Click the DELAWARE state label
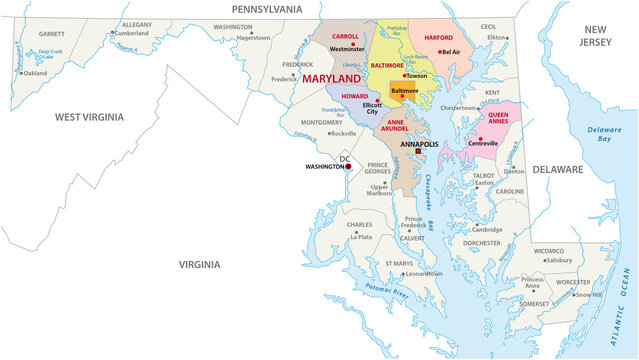click(557, 170)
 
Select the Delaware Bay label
click(603, 134)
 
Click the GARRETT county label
click(51, 33)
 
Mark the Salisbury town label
click(559, 259)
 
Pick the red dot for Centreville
click(481, 138)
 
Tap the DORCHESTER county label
click(482, 243)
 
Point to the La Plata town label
click(360, 237)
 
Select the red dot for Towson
click(404, 75)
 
